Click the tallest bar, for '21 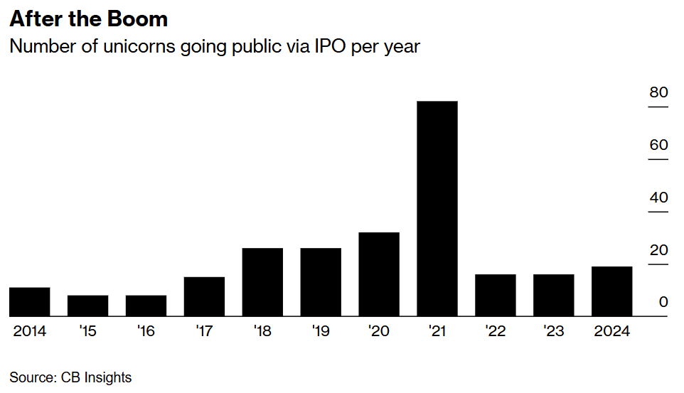pyautogui.click(x=437, y=209)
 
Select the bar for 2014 pyautogui.click(x=29, y=302)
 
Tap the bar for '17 pyautogui.click(x=204, y=296)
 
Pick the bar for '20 pyautogui.click(x=379, y=274)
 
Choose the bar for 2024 pyautogui.click(x=611, y=291)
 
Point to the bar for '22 pyautogui.click(x=495, y=295)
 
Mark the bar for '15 pyautogui.click(x=87, y=306)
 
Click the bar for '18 pyautogui.click(x=262, y=282)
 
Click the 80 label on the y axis pyautogui.click(x=658, y=92)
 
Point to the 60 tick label pyautogui.click(x=658, y=145)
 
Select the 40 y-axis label pyautogui.click(x=658, y=198)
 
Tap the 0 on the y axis pyautogui.click(x=663, y=302)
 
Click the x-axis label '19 pyautogui.click(x=321, y=332)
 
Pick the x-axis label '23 pyautogui.click(x=554, y=332)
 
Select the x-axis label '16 pyautogui.click(x=146, y=332)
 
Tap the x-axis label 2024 pyautogui.click(x=611, y=332)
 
